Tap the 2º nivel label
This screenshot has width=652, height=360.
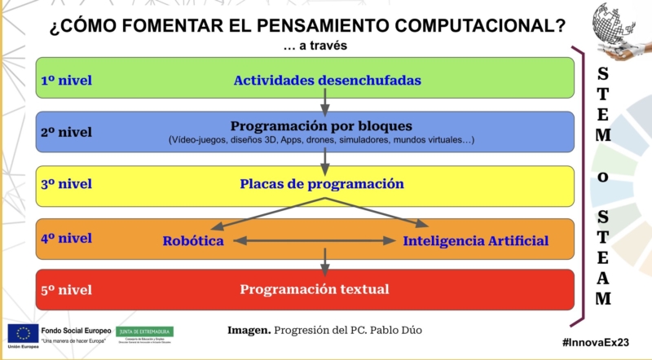[x=66, y=132]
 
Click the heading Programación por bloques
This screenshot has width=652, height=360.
[x=321, y=126]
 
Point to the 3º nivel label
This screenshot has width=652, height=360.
[x=66, y=184]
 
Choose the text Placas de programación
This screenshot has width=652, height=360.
[x=322, y=184]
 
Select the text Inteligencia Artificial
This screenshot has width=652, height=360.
[x=475, y=241]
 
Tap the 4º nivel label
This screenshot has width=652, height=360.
[x=66, y=238]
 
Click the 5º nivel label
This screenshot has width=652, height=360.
[x=66, y=290]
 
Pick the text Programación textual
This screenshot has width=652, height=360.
[x=314, y=289]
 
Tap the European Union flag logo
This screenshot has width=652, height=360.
[x=22, y=333]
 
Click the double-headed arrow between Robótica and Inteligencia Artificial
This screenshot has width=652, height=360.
[x=313, y=241]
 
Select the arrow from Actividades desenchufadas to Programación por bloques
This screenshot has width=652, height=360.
[x=324, y=102]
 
